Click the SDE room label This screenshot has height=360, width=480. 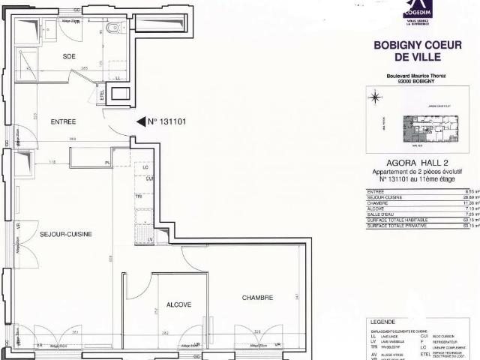70,56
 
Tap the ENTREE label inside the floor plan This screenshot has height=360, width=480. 64,121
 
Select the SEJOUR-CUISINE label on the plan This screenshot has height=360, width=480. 66,234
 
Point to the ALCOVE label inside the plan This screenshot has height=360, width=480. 179,304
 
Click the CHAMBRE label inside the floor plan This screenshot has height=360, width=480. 257,298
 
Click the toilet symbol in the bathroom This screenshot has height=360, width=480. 113,28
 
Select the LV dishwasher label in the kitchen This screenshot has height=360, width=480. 150,238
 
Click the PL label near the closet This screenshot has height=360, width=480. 107,162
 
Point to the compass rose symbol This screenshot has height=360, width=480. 373,97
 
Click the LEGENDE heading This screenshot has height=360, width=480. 382,320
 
